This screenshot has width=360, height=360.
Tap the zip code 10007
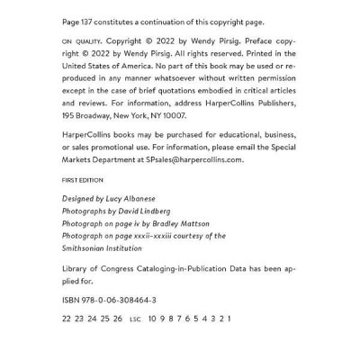[174, 116]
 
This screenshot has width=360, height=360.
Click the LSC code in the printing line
[136, 319]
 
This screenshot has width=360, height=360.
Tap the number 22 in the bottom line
[67, 319]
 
